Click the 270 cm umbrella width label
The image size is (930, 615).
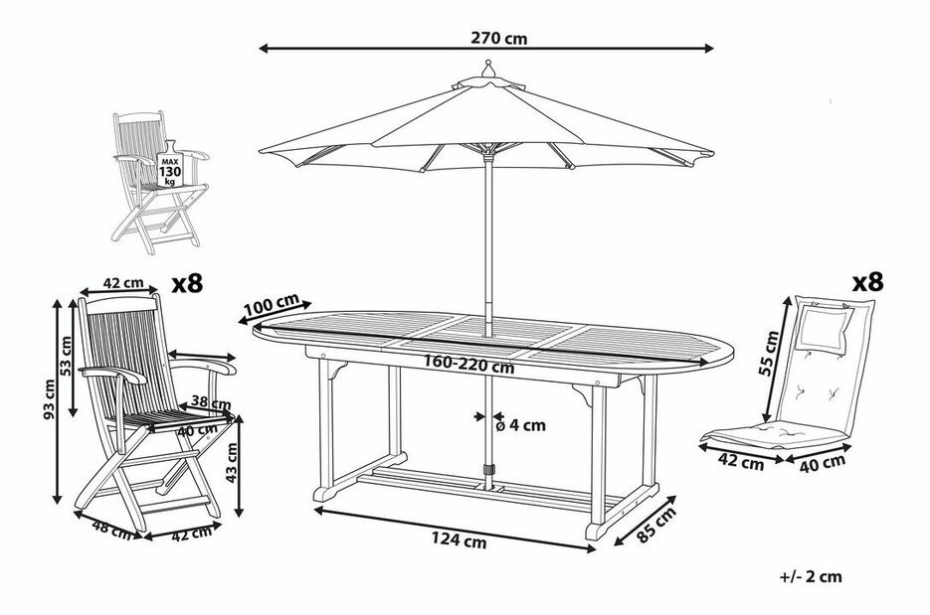(x=498, y=39)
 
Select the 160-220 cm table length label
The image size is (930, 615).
(x=468, y=365)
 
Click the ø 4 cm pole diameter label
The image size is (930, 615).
(x=520, y=425)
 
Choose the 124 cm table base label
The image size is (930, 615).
(x=459, y=539)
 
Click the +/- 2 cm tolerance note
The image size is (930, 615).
(x=811, y=576)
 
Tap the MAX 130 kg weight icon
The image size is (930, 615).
(x=170, y=165)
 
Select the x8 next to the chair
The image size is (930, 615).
(x=187, y=284)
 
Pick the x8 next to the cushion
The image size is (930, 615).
(x=867, y=282)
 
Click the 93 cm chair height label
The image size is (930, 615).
(x=49, y=398)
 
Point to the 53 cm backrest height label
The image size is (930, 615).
(x=66, y=356)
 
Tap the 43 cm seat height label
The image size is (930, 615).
(x=232, y=462)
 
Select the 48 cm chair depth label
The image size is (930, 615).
(x=111, y=530)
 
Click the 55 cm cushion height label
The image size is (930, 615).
(x=771, y=353)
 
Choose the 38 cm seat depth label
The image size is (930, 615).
(x=212, y=403)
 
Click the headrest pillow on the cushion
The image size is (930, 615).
(x=824, y=328)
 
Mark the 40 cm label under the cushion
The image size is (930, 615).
(x=822, y=463)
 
